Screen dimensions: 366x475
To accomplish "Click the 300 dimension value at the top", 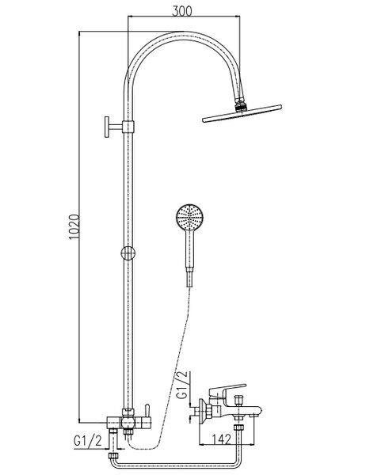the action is pyautogui.click(x=182, y=11).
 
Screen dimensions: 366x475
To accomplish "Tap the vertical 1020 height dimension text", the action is pyautogui.click(x=74, y=227).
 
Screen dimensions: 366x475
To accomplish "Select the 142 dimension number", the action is pyautogui.click(x=221, y=439).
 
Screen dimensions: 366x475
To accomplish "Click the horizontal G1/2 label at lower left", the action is pyautogui.click(x=88, y=441).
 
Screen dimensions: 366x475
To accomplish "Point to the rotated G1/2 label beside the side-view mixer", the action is pyautogui.click(x=183, y=386).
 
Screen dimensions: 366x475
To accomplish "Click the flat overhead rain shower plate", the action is pyautogui.click(x=242, y=113).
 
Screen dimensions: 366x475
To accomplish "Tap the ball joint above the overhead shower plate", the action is pyautogui.click(x=241, y=105).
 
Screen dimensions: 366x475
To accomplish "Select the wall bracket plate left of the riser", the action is pyautogui.click(x=107, y=127).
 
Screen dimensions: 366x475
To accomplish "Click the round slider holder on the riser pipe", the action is pyautogui.click(x=128, y=253).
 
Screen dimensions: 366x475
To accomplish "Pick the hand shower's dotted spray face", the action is pyautogui.click(x=190, y=218).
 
